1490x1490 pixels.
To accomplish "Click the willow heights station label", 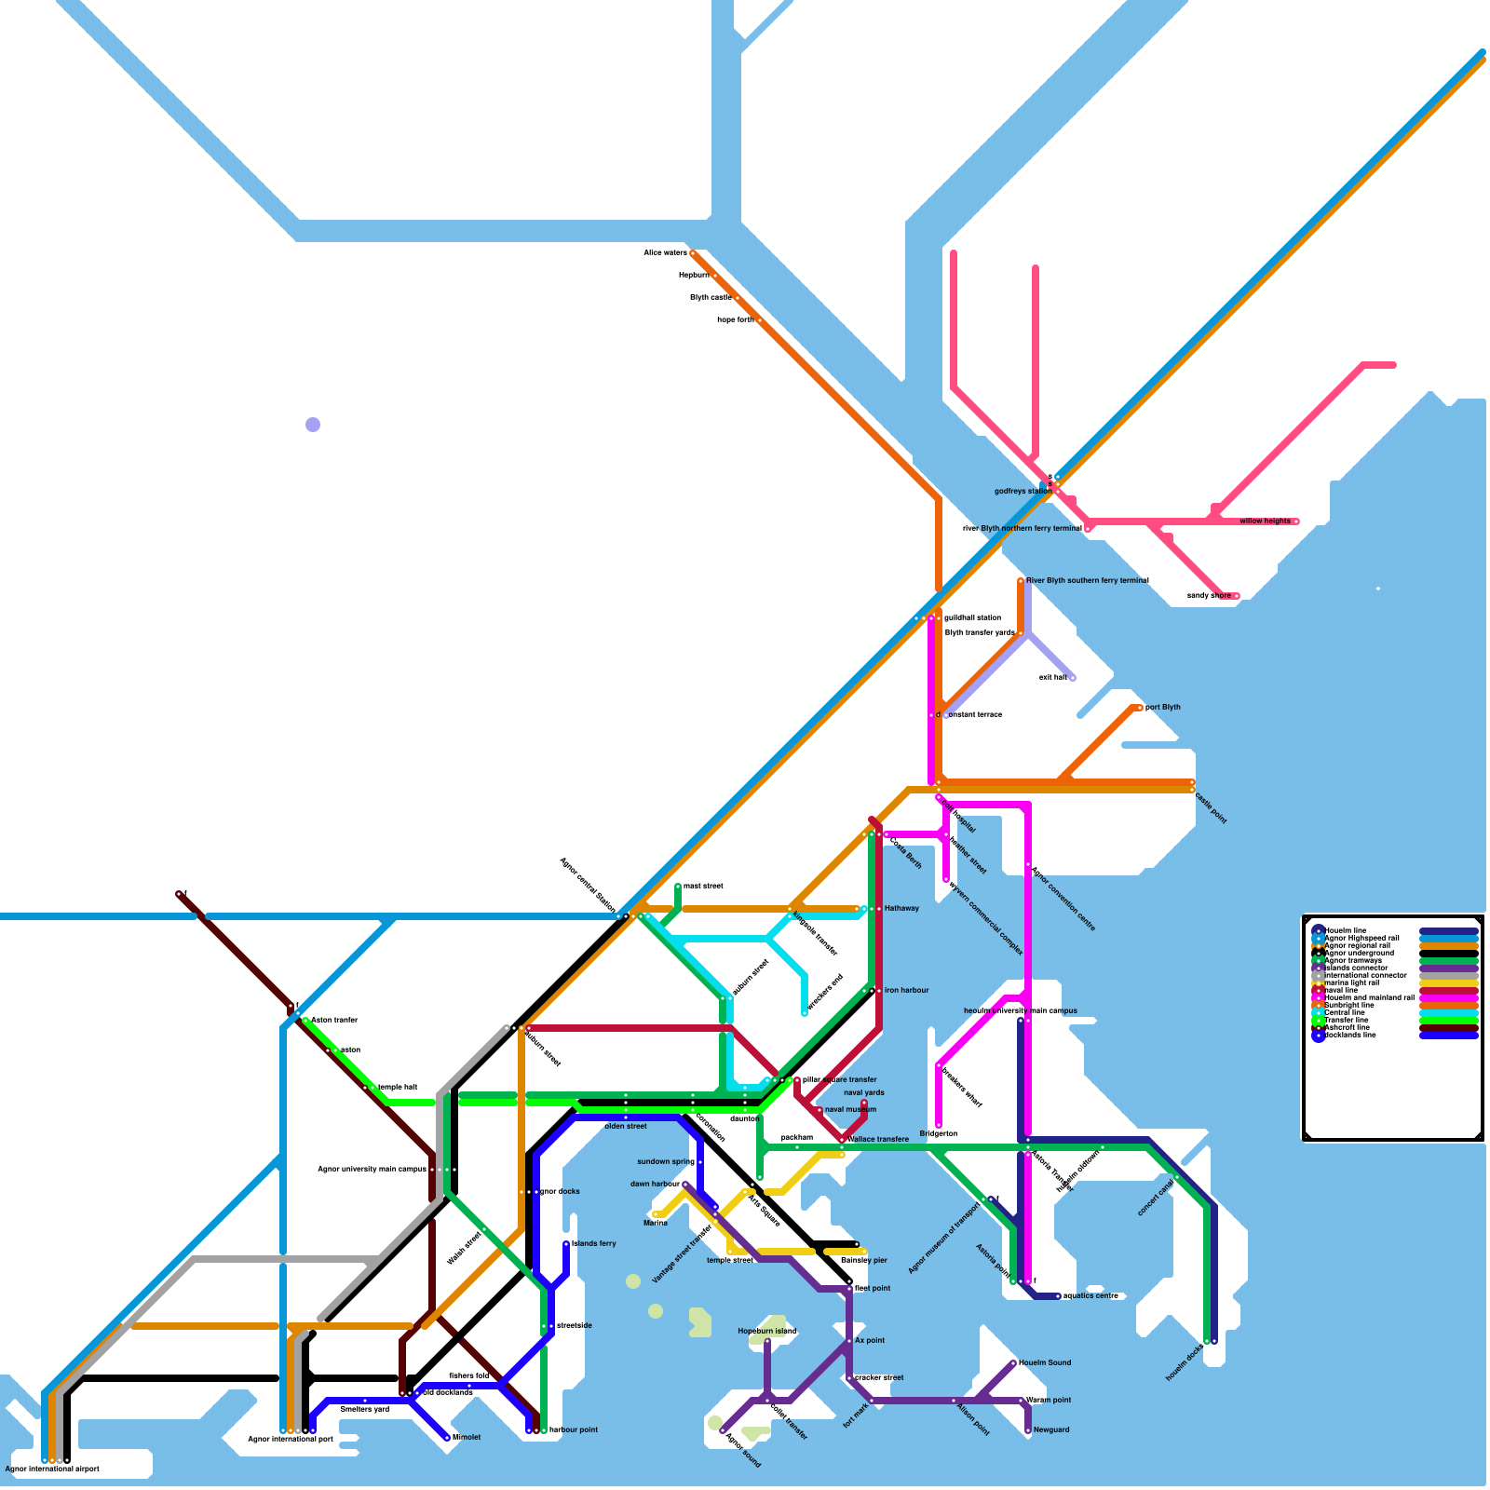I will click(x=1265, y=521).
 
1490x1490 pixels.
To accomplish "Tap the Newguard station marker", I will click(x=1028, y=1429).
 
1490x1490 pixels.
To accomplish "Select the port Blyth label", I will click(x=1162, y=708).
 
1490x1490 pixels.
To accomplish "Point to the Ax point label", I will click(x=870, y=1341).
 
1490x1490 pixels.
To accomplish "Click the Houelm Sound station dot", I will click(x=1013, y=1363).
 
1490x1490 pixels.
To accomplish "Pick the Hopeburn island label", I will click(x=767, y=1332).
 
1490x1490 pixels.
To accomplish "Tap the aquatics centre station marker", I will click(x=1058, y=1296).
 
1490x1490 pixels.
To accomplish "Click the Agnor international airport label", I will click(x=52, y=1470).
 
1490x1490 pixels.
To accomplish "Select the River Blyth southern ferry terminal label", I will click(x=1087, y=581).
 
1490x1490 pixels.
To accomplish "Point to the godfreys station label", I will click(x=1023, y=492).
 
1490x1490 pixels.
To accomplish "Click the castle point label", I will click(x=1211, y=807).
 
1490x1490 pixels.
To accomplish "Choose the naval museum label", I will click(x=850, y=1110).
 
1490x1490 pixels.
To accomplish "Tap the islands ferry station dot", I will click(x=566, y=1244).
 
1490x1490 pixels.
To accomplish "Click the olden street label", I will click(x=626, y=1127).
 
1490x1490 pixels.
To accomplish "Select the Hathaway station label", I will click(x=901, y=909).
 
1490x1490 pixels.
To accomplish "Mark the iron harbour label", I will click(x=906, y=991).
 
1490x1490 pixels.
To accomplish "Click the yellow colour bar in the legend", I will click(x=1448, y=983).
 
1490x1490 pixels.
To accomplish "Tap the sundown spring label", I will click(x=665, y=1162).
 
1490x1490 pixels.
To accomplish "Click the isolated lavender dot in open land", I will click(x=313, y=425).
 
